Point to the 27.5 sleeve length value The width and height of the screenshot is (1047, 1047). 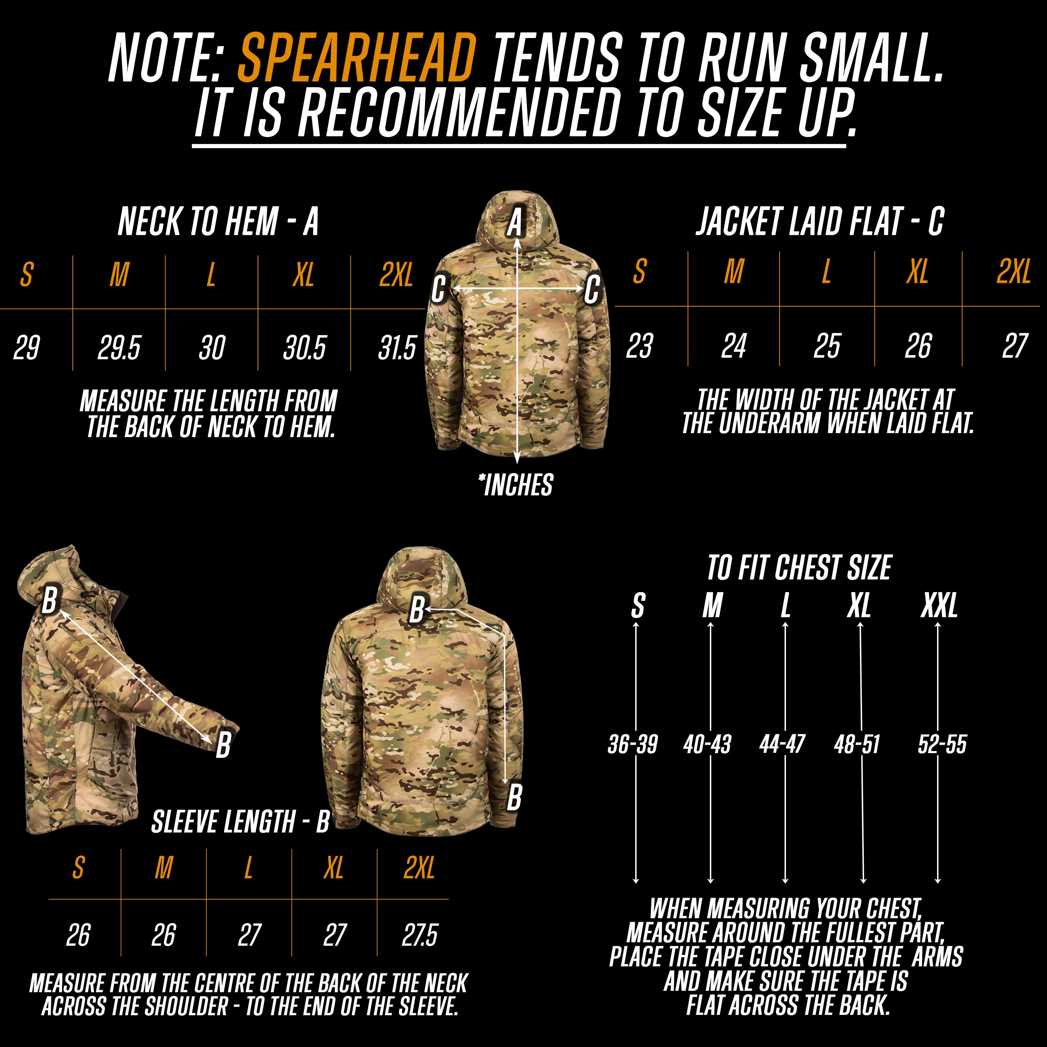419,935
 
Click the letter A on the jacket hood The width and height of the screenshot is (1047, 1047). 515,223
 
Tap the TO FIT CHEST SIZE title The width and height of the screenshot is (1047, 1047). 799,567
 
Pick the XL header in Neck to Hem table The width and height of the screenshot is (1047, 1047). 304,275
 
